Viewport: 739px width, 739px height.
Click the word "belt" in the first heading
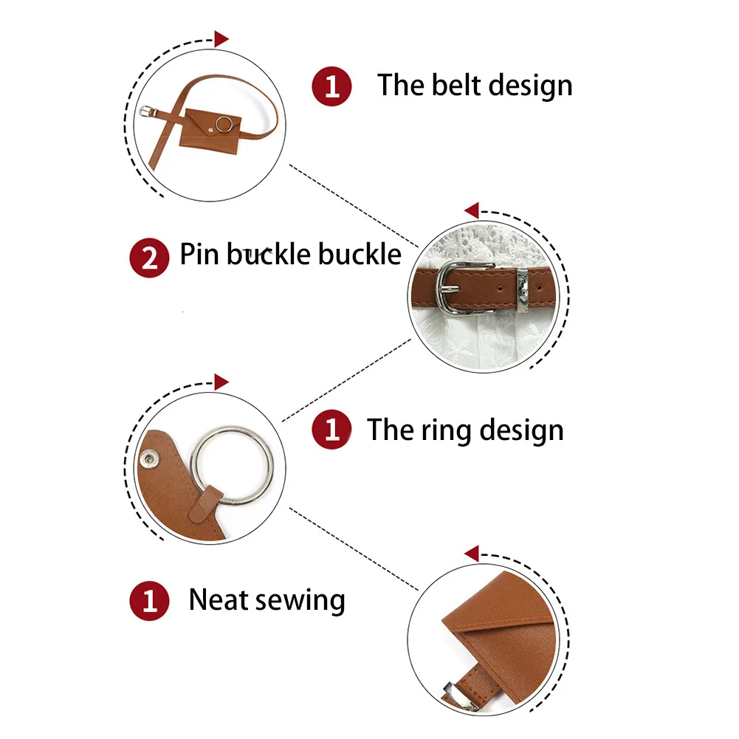(453, 85)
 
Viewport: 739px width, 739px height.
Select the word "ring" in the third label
(445, 431)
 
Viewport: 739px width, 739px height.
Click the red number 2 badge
(149, 258)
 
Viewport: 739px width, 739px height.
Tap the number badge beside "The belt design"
(331, 86)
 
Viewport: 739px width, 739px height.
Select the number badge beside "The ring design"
(331, 430)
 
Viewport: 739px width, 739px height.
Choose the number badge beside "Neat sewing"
(149, 601)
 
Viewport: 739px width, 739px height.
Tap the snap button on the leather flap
(149, 458)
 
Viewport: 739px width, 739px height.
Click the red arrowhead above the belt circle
(221, 38)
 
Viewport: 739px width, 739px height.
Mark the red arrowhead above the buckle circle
(472, 210)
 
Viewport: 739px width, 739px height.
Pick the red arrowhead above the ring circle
(221, 382)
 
